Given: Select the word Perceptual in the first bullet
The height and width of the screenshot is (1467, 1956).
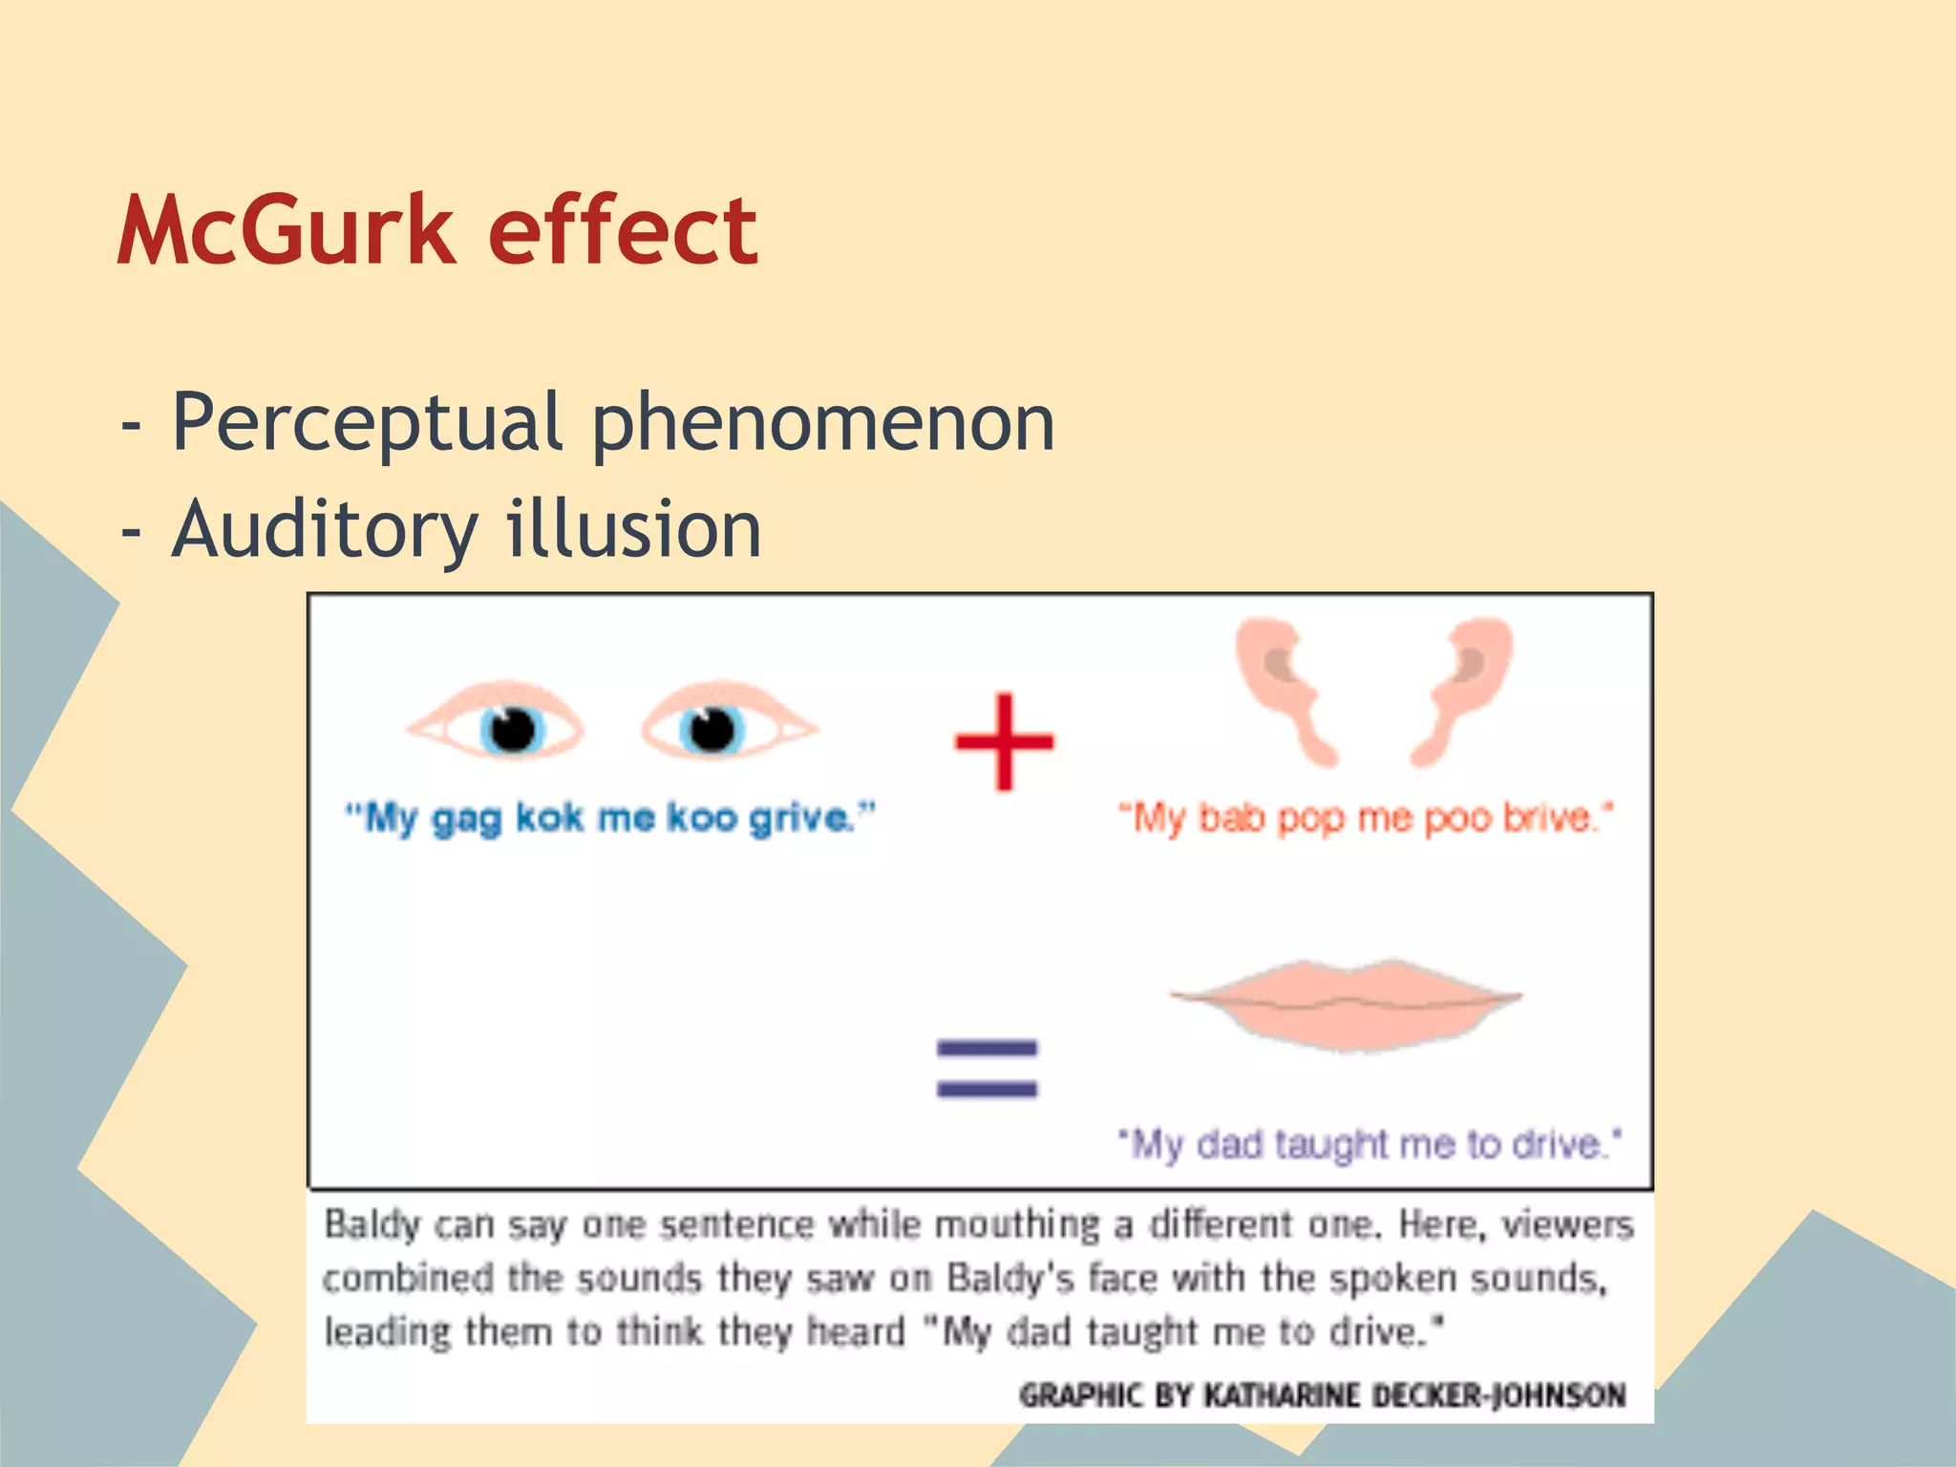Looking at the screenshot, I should tap(367, 422).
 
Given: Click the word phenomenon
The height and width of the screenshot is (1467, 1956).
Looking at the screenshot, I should tap(823, 422).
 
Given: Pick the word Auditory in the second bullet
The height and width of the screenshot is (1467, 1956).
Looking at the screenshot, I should tap(325, 529).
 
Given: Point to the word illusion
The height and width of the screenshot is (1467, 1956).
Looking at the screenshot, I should tap(633, 529).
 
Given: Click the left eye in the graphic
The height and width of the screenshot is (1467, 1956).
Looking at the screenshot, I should tap(497, 728).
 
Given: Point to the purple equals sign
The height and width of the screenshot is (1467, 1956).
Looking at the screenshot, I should tap(987, 1069).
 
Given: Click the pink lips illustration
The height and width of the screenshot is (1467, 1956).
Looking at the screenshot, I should tap(1347, 1003).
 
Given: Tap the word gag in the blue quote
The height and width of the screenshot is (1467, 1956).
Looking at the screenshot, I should tap(466, 819).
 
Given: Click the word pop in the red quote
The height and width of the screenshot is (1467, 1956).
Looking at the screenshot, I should tap(1312, 819).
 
